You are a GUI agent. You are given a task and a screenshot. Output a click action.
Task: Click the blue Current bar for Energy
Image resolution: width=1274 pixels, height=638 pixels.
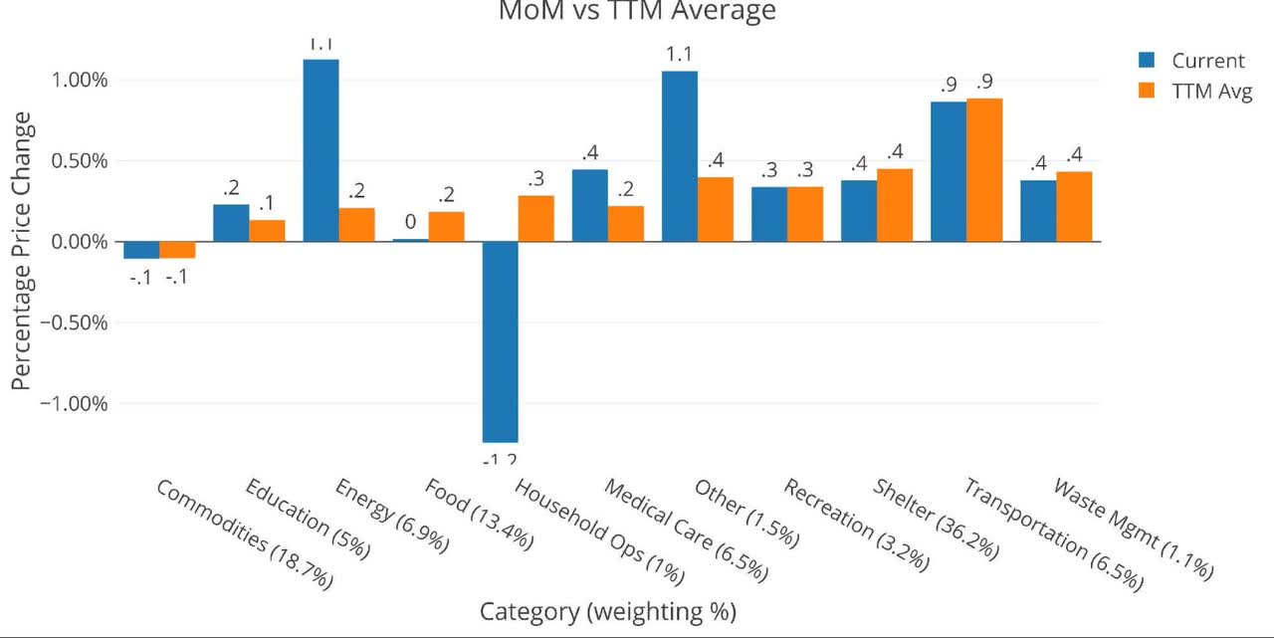pos(320,150)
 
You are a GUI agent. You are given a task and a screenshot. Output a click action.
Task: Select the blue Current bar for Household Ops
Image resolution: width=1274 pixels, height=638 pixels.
pos(500,341)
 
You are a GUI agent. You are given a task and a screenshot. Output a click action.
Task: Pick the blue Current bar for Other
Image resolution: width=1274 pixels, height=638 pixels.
pos(679,156)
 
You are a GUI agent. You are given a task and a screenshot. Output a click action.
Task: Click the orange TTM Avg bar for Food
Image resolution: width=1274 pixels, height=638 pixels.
pos(447,227)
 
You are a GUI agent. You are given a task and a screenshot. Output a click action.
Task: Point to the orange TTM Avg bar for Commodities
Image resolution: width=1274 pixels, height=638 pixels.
pos(177,250)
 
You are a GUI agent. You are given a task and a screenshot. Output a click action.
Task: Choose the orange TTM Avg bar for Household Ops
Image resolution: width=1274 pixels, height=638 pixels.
pos(536,219)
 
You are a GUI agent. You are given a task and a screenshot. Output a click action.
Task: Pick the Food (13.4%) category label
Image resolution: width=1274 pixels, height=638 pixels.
pos(480,516)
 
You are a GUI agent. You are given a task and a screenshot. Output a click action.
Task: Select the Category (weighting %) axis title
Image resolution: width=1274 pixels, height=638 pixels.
pos(608,611)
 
